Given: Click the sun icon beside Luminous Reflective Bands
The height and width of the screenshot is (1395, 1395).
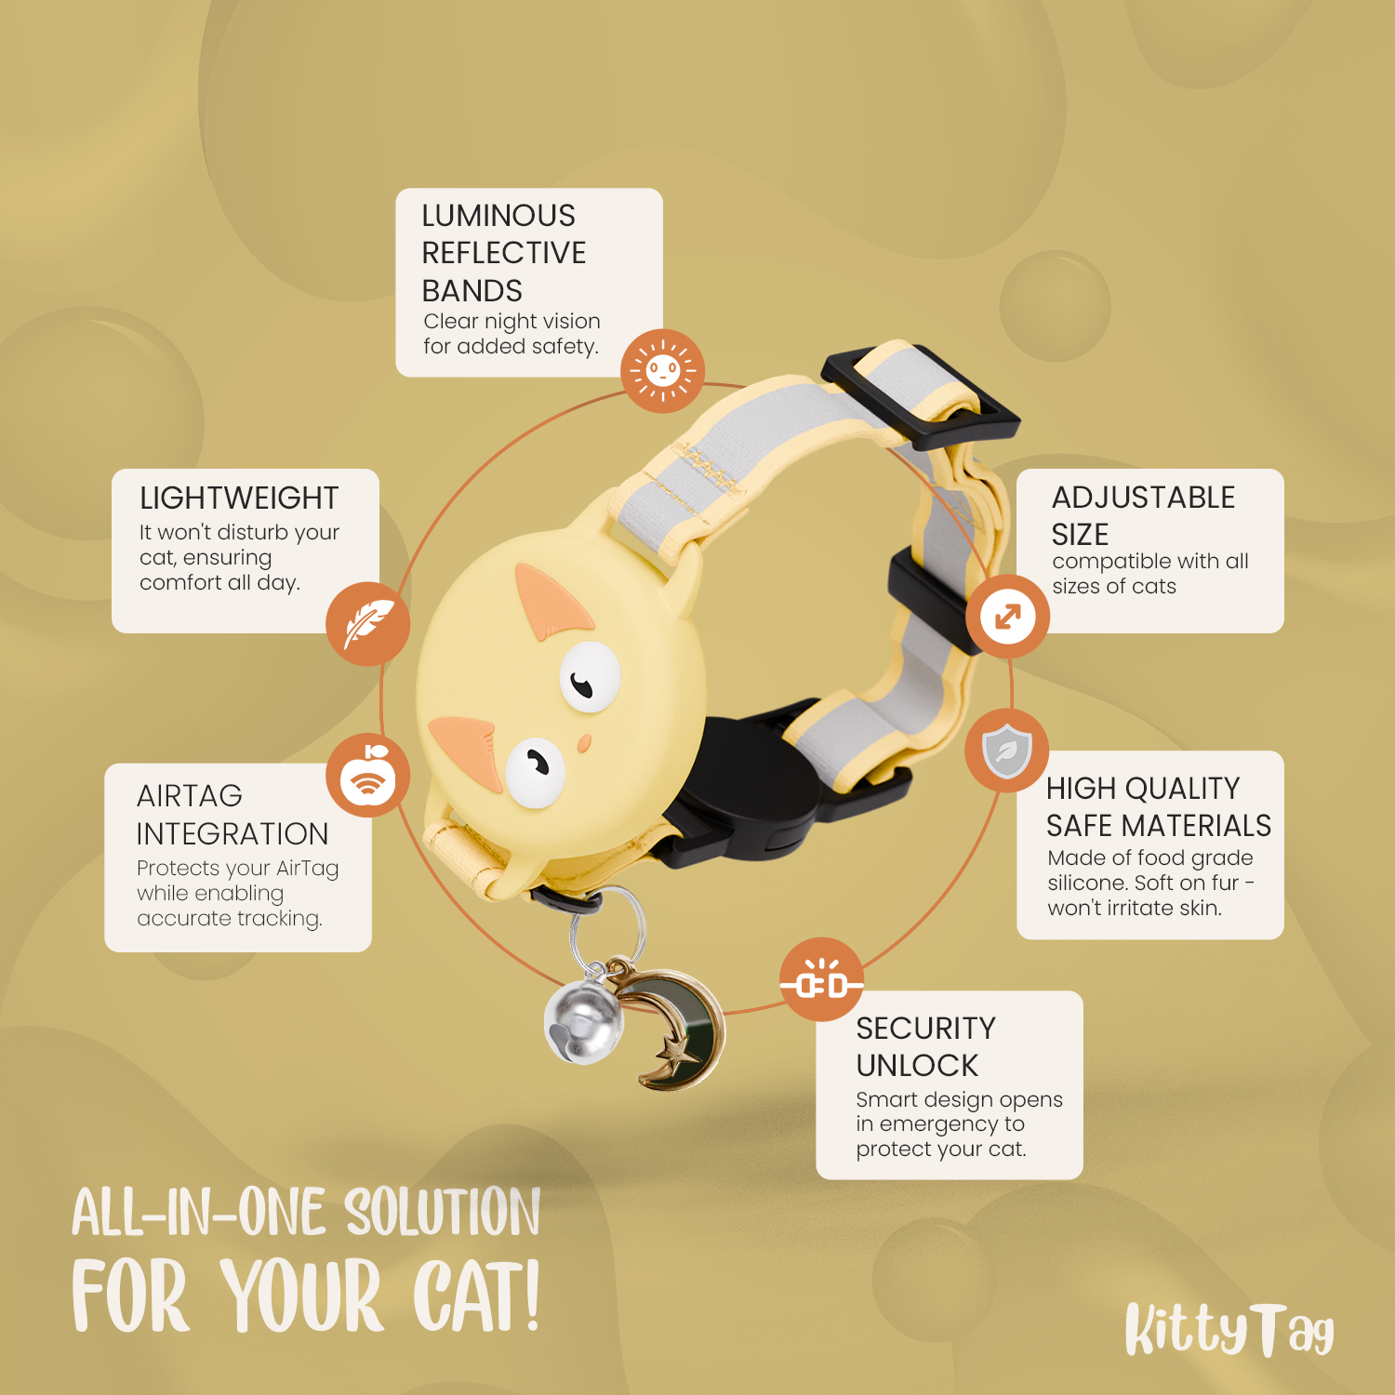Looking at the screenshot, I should pyautogui.click(x=662, y=370).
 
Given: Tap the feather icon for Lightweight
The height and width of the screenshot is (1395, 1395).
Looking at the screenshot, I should pyautogui.click(x=368, y=623).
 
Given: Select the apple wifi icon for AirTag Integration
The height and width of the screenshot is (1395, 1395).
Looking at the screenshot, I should pyautogui.click(x=368, y=776).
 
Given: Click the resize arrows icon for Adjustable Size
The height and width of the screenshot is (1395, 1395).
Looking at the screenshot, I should pyautogui.click(x=1008, y=616).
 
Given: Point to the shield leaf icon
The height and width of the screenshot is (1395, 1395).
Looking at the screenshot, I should pyautogui.click(x=1007, y=751).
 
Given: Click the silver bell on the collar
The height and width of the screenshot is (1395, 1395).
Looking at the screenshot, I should pyautogui.click(x=582, y=1022).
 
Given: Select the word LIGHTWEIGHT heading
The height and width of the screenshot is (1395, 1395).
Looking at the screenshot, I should pyautogui.click(x=239, y=498).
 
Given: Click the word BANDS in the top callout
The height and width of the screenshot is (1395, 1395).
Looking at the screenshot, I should pyautogui.click(x=472, y=291).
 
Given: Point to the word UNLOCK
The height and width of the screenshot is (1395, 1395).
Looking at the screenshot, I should pyautogui.click(x=917, y=1066).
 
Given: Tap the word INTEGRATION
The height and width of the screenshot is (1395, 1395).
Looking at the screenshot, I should pyautogui.click(x=232, y=834).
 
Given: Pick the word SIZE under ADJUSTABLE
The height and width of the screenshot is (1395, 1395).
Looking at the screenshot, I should pyautogui.click(x=1080, y=535).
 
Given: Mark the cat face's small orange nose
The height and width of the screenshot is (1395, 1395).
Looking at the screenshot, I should pyautogui.click(x=584, y=744).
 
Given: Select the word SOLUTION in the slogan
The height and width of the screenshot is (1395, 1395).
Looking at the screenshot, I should pyautogui.click(x=443, y=1212).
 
